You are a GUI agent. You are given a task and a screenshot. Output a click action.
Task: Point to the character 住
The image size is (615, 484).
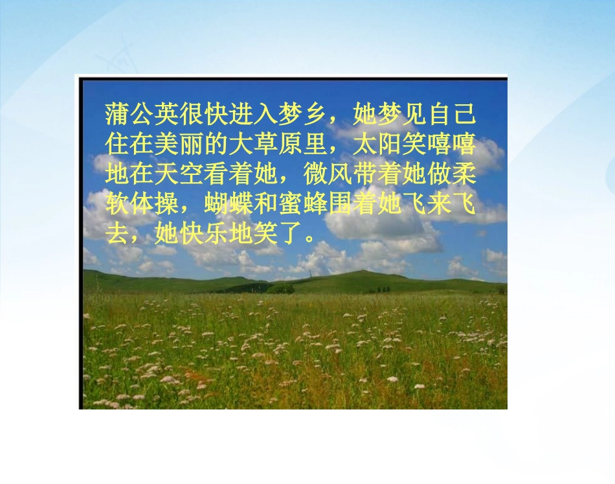pyautogui.click(x=117, y=143)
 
